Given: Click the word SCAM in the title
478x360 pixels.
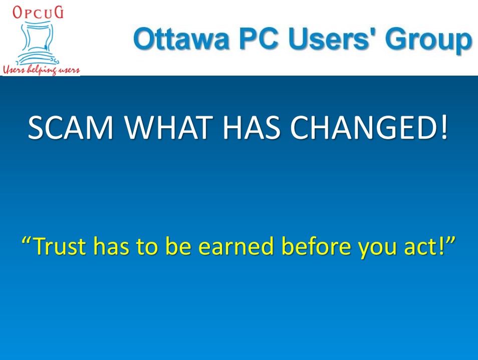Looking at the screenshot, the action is (x=71, y=127).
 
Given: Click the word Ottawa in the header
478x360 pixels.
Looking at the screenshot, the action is (x=181, y=39).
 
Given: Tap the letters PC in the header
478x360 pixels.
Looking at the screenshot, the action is (x=259, y=39).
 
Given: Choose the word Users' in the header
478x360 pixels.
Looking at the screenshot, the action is (x=332, y=39).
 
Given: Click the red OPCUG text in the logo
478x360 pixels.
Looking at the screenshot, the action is (x=38, y=13).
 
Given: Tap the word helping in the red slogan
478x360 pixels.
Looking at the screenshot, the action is (x=42, y=70).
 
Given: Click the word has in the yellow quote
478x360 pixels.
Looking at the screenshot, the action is (x=111, y=245).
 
